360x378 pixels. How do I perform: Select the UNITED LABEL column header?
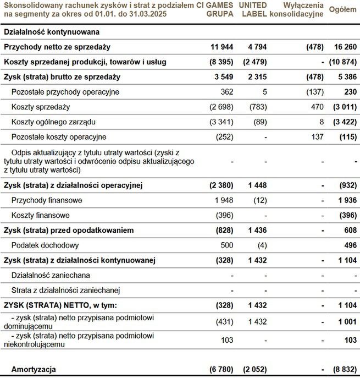pyautogui.click(x=254, y=9)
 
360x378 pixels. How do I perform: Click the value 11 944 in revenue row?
pyautogui.click(x=222, y=47)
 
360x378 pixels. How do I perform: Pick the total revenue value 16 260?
pyautogui.click(x=345, y=47)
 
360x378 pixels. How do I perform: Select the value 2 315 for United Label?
pyautogui.click(x=257, y=77)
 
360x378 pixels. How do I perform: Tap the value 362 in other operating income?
pyautogui.click(x=226, y=92)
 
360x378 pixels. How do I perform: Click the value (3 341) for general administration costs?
pyautogui.click(x=221, y=122)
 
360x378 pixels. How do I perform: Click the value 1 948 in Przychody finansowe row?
pyautogui.click(x=223, y=200)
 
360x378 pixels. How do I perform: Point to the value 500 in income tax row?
pyautogui.click(x=227, y=245)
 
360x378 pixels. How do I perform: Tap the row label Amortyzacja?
pyautogui.click(x=30, y=369)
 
